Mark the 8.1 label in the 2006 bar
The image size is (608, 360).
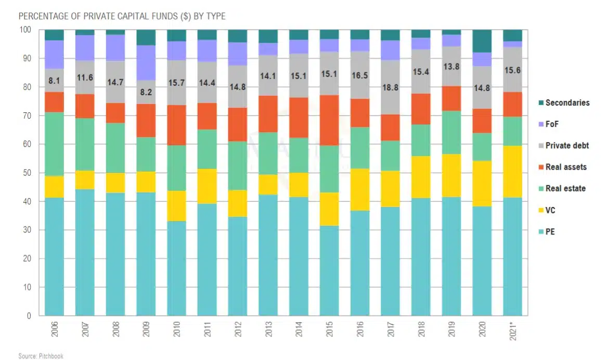pos(54,81)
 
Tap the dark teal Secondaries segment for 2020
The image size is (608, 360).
pos(482,41)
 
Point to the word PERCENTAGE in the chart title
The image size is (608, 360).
pos(42,17)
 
